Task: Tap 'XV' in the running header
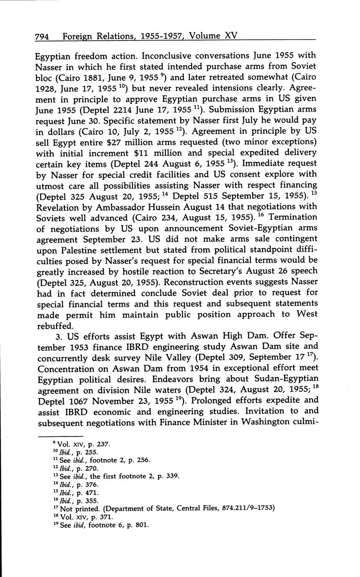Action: tap(231, 36)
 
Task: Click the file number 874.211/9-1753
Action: tap(246, 508)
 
